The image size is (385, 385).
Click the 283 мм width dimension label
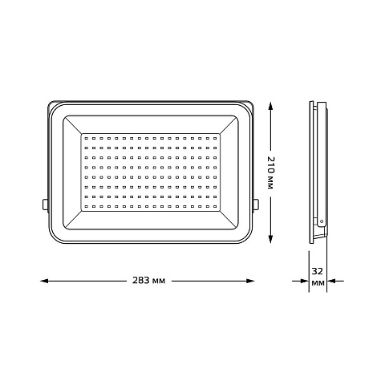tap(149, 281)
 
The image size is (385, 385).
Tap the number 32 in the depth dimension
tap(318, 271)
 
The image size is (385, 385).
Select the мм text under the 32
tap(318, 283)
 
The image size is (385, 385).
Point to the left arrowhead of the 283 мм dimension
tap(44, 281)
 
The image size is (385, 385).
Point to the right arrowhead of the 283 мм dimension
tap(250, 281)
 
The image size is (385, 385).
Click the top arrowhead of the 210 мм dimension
tap(270, 106)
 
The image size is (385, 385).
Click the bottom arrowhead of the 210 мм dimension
tap(270, 239)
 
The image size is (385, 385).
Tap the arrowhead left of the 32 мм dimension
tap(305, 281)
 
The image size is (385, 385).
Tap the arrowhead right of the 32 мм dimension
tap(331, 281)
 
